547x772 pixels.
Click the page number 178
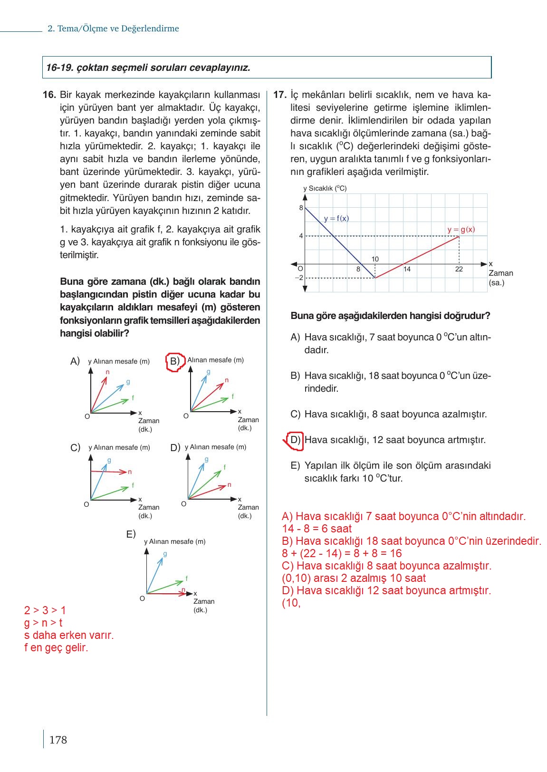tap(58, 740)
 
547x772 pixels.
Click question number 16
tap(49, 95)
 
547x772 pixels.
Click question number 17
tap(279, 95)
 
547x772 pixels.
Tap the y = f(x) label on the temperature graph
tap(336, 219)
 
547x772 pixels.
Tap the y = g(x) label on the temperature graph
tap(461, 230)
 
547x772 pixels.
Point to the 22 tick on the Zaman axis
tap(459, 269)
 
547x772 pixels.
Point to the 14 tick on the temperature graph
tap(407, 269)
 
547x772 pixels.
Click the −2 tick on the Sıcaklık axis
tap(299, 278)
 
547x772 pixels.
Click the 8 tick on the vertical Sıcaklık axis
tap(301, 208)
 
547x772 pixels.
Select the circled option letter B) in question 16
tap(175, 361)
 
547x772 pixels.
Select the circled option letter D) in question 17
tap(295, 440)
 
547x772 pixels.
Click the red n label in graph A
tap(107, 372)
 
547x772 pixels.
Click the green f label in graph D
tap(225, 467)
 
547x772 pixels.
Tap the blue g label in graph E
tap(165, 554)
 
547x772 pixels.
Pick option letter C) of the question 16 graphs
tap(75, 448)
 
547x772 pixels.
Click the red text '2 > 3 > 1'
tap(45, 610)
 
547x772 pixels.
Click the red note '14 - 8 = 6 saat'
tap(317, 529)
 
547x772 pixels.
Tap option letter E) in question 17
tap(295, 465)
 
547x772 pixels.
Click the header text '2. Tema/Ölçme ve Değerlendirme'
tap(113, 29)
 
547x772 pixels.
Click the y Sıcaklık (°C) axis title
tap(325, 188)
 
